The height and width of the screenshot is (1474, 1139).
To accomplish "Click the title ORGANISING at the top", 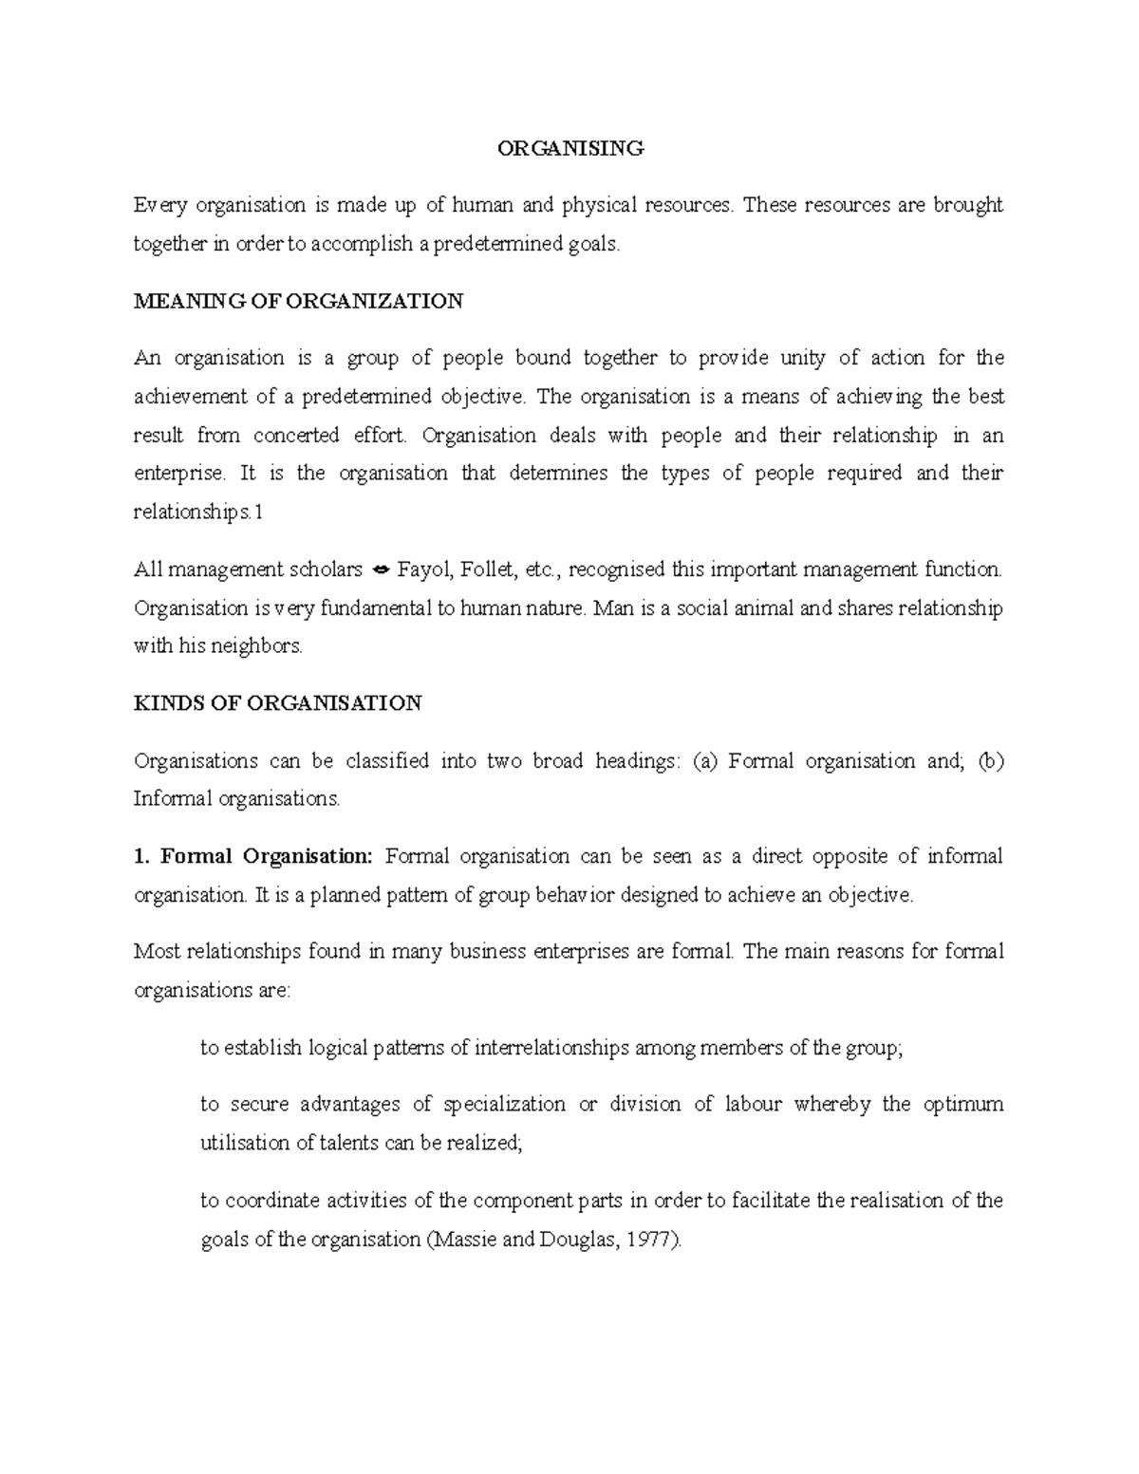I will click(571, 148).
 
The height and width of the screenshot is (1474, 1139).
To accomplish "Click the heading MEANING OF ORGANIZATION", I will click(298, 302).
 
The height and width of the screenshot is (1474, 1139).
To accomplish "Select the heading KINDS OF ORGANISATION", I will click(277, 703).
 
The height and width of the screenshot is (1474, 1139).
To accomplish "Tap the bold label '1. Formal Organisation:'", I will click(254, 856).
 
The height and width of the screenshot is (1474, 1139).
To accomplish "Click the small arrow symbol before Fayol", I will click(380, 570).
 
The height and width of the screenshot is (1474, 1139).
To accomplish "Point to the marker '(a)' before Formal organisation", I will click(705, 761).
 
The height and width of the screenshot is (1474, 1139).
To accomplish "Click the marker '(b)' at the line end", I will click(989, 761).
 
